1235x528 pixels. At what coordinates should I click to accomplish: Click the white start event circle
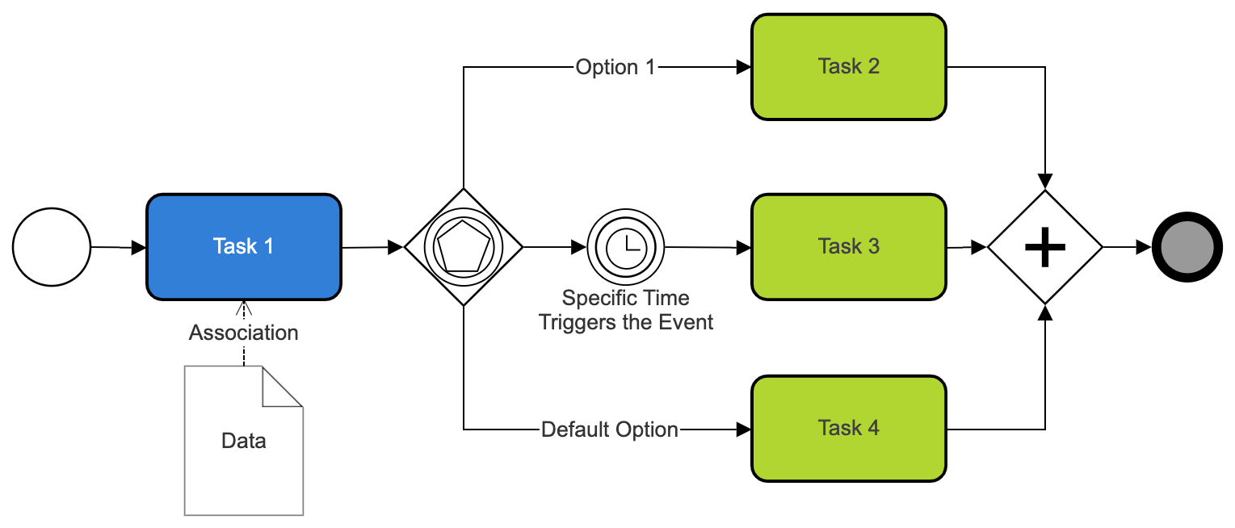coord(52,247)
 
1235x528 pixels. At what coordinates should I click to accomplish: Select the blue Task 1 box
coord(243,247)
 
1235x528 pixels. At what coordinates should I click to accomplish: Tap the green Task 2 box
coord(848,67)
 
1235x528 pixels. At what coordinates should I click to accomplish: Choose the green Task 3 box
coord(848,247)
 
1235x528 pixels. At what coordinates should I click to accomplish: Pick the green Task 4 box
coord(848,428)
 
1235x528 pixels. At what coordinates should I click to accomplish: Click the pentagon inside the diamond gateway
coord(463,247)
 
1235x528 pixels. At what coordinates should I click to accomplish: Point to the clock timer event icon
coord(625,247)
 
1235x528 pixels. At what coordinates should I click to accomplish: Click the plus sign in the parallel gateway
coord(1045,247)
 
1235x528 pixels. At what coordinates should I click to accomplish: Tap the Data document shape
coord(243,452)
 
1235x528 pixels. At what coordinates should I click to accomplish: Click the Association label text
coord(243,333)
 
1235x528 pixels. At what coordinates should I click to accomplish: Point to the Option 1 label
coord(615,67)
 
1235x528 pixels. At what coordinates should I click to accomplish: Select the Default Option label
coord(609,430)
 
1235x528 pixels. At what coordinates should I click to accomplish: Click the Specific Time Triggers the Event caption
coord(626,311)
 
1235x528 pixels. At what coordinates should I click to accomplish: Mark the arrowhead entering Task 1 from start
coord(138,248)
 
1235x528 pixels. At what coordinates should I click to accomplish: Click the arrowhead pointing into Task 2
coord(743,68)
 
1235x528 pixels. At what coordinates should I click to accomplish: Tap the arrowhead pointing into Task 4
coord(743,430)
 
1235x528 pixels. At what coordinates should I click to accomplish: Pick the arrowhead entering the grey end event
coord(1144,247)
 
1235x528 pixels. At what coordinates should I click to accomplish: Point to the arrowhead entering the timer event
coord(579,247)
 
